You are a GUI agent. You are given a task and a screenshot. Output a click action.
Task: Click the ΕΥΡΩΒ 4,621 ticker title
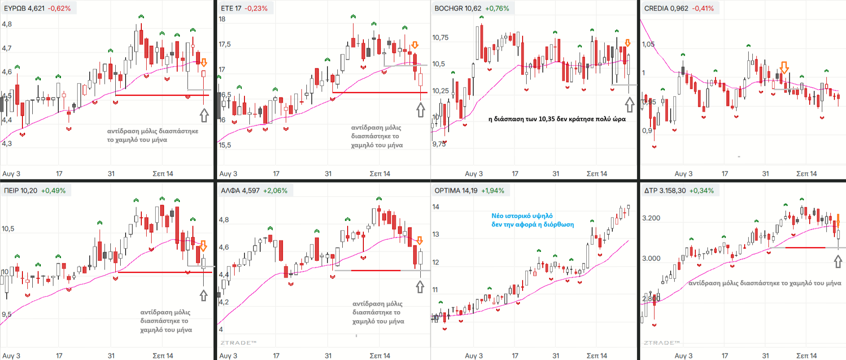point(24,8)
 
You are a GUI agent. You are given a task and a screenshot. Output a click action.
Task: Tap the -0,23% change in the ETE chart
point(256,8)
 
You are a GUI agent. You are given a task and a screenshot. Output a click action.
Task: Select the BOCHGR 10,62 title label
point(458,8)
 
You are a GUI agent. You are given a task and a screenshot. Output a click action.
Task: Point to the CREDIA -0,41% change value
point(703,8)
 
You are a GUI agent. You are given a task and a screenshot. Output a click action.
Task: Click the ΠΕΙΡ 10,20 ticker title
point(21,191)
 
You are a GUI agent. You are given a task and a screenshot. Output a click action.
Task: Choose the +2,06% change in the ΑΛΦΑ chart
point(275,191)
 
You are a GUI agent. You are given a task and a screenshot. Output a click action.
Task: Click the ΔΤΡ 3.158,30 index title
point(665,191)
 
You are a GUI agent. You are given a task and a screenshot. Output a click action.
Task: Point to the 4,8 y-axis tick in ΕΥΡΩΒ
point(7,24)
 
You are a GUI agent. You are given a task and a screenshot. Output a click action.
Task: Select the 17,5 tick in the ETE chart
point(225,44)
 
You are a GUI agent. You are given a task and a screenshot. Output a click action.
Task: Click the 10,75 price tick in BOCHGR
point(440,38)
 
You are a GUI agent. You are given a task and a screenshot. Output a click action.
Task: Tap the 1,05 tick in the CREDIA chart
point(648,44)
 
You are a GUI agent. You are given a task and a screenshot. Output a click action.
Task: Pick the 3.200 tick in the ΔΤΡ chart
point(651,218)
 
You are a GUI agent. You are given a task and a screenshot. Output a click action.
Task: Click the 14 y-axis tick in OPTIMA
point(436,207)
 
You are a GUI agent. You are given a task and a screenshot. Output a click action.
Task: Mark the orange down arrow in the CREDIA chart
point(784,68)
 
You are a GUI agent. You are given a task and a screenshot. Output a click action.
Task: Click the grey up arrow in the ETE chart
point(420,110)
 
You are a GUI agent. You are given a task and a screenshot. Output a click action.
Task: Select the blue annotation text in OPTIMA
point(532,220)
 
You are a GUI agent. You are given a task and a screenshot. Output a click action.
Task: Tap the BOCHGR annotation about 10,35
point(557,119)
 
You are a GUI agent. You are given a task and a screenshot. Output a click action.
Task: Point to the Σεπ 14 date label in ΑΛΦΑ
point(380,356)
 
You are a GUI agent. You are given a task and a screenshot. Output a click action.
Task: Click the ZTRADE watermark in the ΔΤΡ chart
point(662,343)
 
